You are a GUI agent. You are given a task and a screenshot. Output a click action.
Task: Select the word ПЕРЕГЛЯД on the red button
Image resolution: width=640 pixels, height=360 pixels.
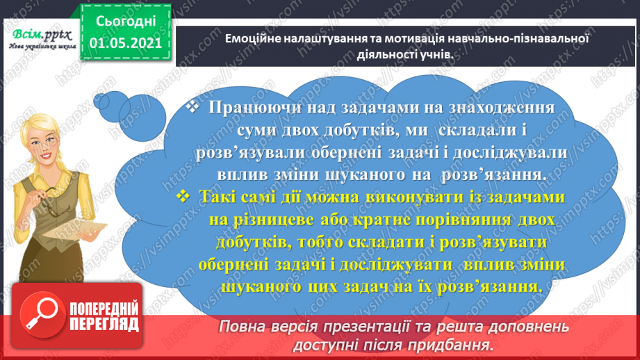click(104, 324)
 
